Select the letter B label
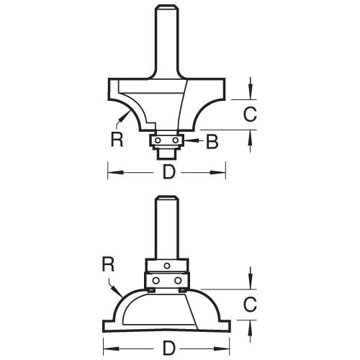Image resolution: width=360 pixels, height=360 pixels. click(x=212, y=143)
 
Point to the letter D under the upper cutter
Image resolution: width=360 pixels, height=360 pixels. click(x=168, y=172)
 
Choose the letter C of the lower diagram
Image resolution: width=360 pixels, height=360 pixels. click(x=248, y=305)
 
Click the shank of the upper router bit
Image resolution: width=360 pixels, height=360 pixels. click(x=168, y=36)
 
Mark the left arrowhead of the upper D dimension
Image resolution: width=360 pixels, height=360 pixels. click(x=112, y=172)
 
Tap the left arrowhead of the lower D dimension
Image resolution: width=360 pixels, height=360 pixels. click(x=107, y=349)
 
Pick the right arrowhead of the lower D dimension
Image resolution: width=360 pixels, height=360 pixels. click(x=226, y=349)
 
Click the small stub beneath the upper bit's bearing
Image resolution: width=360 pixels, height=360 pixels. click(x=168, y=152)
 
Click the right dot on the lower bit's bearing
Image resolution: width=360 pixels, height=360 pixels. click(x=177, y=280)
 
